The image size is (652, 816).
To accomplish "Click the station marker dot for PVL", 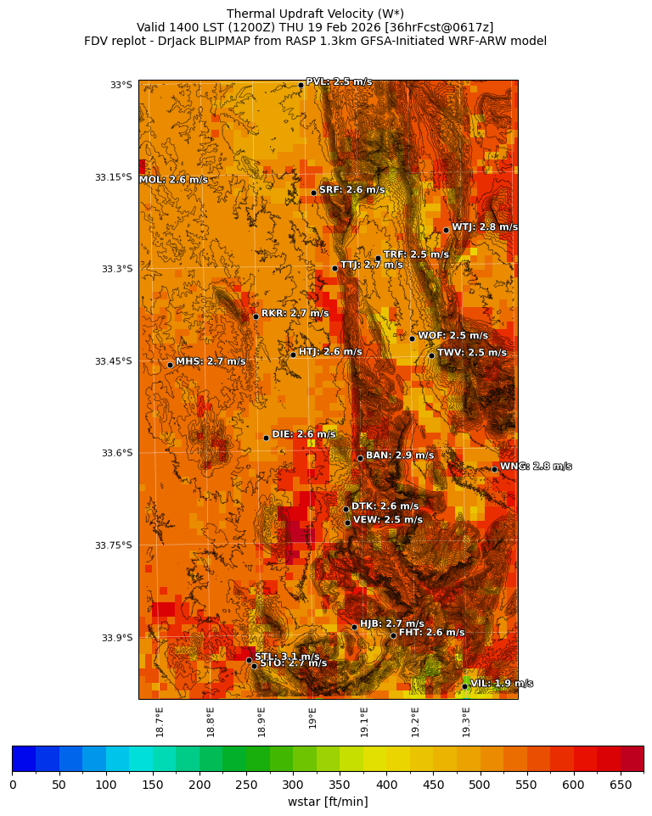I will point(301,85).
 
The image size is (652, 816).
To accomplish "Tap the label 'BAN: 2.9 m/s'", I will point(399,456).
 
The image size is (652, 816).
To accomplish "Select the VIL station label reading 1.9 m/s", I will point(501,683).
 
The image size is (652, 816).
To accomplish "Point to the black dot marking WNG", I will point(494,469).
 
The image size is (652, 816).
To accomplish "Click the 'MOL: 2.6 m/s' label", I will point(173,180).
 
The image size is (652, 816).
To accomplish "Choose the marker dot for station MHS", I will point(170,365).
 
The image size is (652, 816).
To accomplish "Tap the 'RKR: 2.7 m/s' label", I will point(295,313).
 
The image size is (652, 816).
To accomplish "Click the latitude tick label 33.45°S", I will point(114,361).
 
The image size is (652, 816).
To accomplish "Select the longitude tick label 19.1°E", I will point(364,722).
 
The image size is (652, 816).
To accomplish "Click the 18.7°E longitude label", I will point(160,722).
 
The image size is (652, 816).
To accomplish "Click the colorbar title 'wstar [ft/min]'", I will point(328,802).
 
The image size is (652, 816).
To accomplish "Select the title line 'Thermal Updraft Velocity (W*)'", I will point(315,13).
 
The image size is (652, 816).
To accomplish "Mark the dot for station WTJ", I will point(446,230).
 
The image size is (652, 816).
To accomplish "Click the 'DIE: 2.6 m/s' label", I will point(303,434).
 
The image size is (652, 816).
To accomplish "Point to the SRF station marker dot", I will point(313,193).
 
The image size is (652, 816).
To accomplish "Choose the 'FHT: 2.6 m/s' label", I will point(431,632).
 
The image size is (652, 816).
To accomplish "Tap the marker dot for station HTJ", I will point(293,355).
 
